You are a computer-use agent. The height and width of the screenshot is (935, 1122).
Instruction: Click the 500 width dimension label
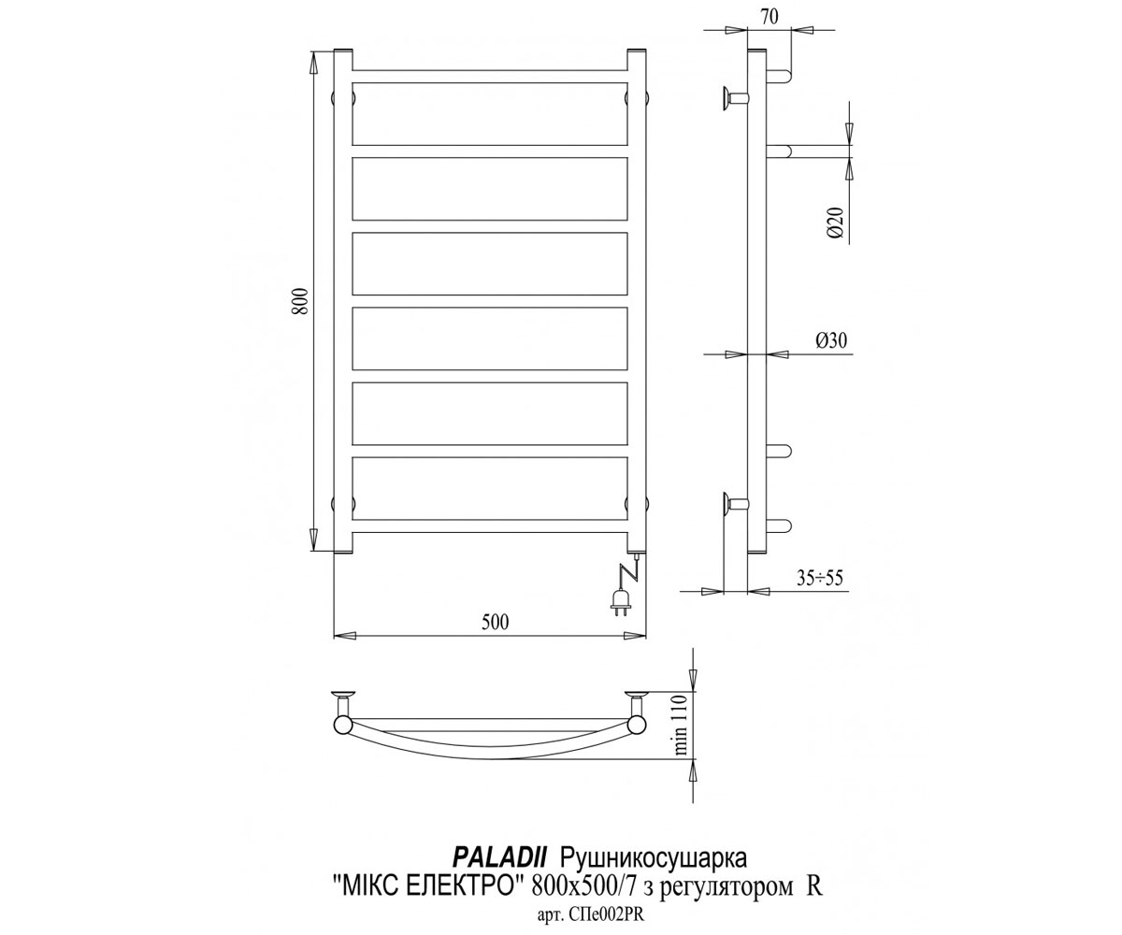tap(495, 623)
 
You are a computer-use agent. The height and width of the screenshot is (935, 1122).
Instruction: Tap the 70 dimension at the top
tap(770, 17)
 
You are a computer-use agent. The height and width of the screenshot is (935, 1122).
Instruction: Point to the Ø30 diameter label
tap(831, 340)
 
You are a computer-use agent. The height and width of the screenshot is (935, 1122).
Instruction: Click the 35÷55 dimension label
tap(819, 578)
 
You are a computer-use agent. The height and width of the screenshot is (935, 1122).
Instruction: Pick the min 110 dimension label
tap(680, 726)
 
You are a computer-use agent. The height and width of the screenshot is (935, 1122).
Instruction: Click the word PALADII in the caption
tap(499, 843)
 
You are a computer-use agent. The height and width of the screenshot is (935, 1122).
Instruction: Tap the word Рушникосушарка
tap(654, 844)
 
